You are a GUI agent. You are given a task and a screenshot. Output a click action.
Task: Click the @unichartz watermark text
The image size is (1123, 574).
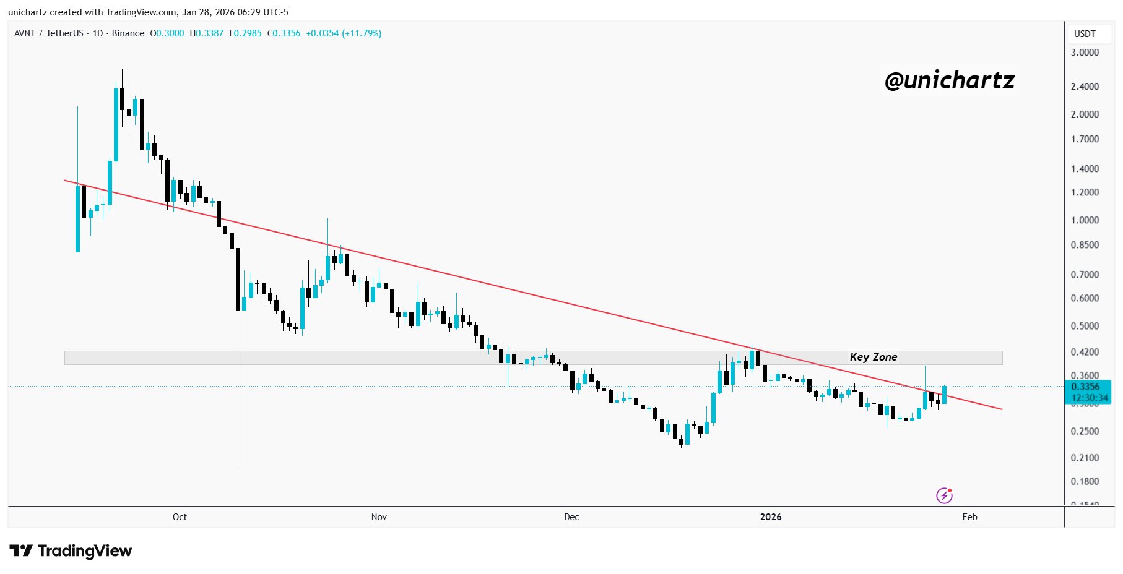(950, 80)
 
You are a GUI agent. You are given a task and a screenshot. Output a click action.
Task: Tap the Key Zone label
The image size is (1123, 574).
(873, 357)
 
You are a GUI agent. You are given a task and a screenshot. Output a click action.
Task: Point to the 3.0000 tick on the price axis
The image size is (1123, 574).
(1085, 53)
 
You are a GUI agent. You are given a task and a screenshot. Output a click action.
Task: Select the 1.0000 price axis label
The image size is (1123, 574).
(1085, 220)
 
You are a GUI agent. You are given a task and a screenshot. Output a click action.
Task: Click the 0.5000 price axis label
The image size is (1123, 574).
(1085, 326)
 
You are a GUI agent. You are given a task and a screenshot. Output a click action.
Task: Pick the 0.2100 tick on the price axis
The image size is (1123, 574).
(1085, 458)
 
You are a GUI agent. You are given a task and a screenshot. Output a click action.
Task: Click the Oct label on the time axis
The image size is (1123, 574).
(180, 517)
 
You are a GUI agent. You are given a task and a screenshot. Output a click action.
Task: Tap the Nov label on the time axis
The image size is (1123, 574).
(379, 517)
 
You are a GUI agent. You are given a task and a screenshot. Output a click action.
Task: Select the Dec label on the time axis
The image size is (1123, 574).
(571, 517)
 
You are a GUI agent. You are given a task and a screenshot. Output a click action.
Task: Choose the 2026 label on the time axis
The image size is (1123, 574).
(771, 517)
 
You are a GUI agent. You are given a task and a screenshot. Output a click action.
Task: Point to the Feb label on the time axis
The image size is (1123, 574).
(969, 517)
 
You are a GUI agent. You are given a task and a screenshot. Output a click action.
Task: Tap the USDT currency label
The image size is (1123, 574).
(1085, 34)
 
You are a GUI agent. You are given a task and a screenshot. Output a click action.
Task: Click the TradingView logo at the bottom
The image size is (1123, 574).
(71, 551)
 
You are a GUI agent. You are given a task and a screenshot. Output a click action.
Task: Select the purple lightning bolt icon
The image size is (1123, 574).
(943, 495)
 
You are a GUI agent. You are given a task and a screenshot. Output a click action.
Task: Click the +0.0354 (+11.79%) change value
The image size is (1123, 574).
(344, 33)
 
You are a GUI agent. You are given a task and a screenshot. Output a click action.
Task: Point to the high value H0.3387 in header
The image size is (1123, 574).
(207, 33)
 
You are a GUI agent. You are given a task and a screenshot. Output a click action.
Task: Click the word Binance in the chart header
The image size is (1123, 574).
(128, 33)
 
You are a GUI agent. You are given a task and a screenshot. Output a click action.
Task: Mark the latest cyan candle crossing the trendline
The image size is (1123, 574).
(944, 395)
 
